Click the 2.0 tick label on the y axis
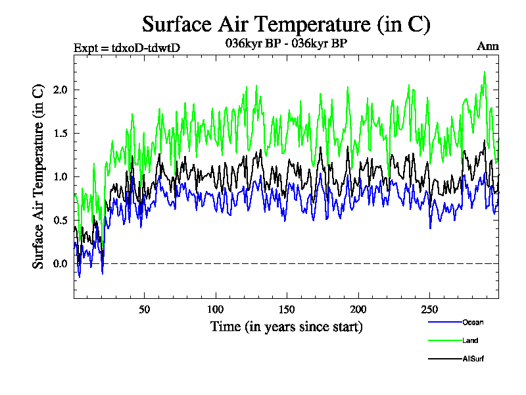(x=59, y=90)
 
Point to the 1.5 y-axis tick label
(x=59, y=133)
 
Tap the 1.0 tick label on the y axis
(x=59, y=176)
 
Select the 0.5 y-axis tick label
(x=59, y=220)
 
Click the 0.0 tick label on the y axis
(x=59, y=264)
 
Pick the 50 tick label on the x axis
(x=145, y=309)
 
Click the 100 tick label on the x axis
(x=216, y=309)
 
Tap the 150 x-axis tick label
(x=287, y=309)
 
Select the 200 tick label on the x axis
(x=358, y=309)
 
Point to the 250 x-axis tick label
(x=429, y=309)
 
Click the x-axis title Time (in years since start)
(x=286, y=327)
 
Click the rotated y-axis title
(x=39, y=176)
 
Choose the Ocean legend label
(x=472, y=322)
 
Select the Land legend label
(x=469, y=340)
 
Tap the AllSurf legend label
(x=473, y=359)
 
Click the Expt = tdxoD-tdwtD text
(x=127, y=47)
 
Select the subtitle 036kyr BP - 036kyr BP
(x=286, y=43)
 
